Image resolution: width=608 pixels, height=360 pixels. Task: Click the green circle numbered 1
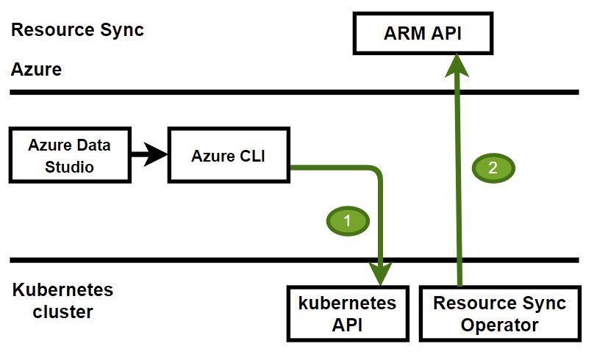point(348,221)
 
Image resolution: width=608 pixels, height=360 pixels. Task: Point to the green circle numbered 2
point(493,168)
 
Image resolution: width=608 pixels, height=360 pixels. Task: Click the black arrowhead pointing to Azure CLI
point(156,154)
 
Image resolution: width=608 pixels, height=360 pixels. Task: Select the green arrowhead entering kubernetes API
point(380,273)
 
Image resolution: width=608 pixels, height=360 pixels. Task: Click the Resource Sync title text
point(77,30)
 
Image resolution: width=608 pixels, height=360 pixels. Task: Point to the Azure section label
point(36,70)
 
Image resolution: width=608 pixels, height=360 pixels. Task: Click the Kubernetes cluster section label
point(62,300)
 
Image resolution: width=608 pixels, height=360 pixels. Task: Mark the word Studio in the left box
point(69,167)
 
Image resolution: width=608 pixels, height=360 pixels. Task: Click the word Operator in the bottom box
point(499,325)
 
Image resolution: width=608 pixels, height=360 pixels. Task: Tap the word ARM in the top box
point(404,33)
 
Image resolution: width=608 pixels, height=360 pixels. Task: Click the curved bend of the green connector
point(376,171)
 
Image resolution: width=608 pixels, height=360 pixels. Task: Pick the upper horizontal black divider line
point(294,93)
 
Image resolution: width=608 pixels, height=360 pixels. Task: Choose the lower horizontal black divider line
point(294,260)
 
